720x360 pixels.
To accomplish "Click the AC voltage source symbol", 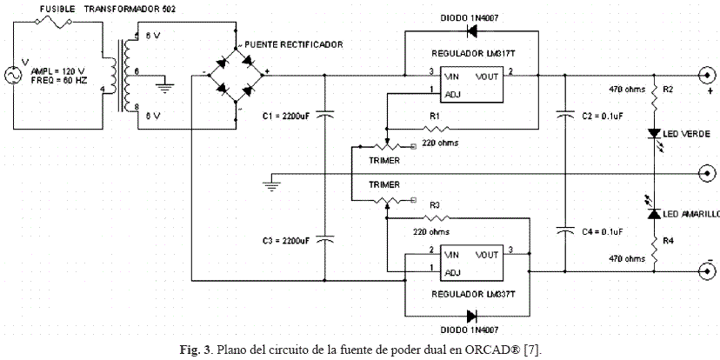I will [16, 77].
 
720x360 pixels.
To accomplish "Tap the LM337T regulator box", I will [470, 263].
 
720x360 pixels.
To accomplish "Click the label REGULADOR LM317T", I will [470, 51].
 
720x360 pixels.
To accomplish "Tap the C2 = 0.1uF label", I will [599, 116].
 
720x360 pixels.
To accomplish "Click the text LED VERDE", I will [686, 134].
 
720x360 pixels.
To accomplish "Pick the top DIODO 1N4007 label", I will [470, 17].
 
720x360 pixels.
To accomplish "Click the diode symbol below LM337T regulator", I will [474, 315].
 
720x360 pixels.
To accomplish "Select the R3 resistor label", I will [435, 205].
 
